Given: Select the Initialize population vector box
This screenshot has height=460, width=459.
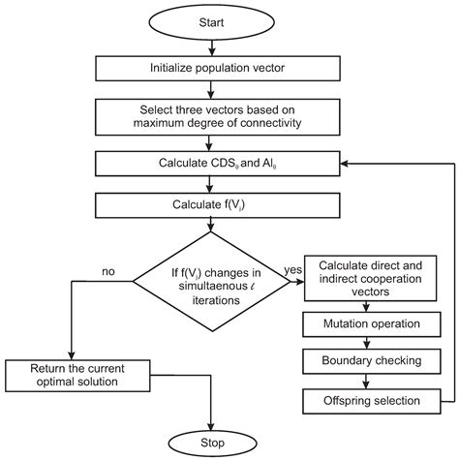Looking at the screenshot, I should point(212,67).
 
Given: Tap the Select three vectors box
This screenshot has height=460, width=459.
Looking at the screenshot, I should point(212,116).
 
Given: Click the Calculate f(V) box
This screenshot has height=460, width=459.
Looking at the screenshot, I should point(212,204).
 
